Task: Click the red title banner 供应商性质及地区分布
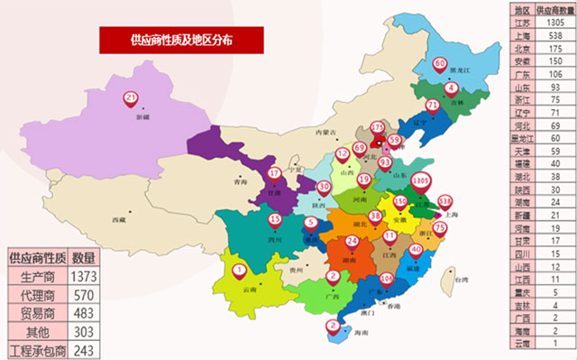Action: click(180, 40)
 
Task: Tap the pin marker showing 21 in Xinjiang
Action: click(132, 99)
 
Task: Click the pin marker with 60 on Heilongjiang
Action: click(440, 66)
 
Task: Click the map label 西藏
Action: click(119, 219)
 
